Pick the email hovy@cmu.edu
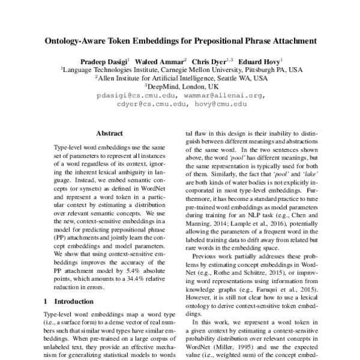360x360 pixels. point(220,104)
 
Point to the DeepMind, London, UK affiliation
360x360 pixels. point(181,86)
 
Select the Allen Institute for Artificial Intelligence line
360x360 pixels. point(181,78)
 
